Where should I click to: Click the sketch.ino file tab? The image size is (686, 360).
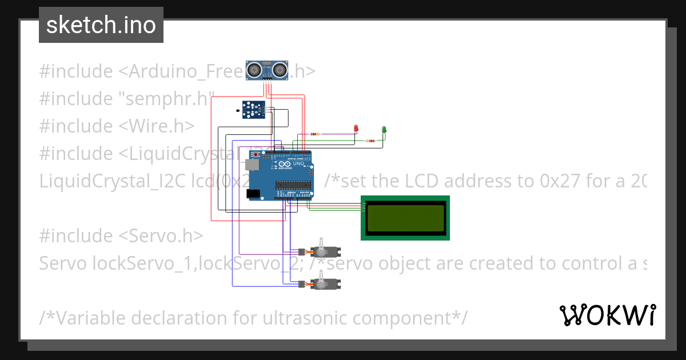point(101,25)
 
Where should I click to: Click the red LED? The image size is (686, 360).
point(355,129)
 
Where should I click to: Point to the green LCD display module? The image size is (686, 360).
point(405,218)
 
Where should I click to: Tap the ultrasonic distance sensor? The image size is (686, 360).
point(266,70)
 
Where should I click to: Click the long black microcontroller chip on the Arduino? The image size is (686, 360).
point(293,185)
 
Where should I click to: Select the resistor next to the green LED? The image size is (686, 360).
point(372,141)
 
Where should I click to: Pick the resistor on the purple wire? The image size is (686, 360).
point(314,134)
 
